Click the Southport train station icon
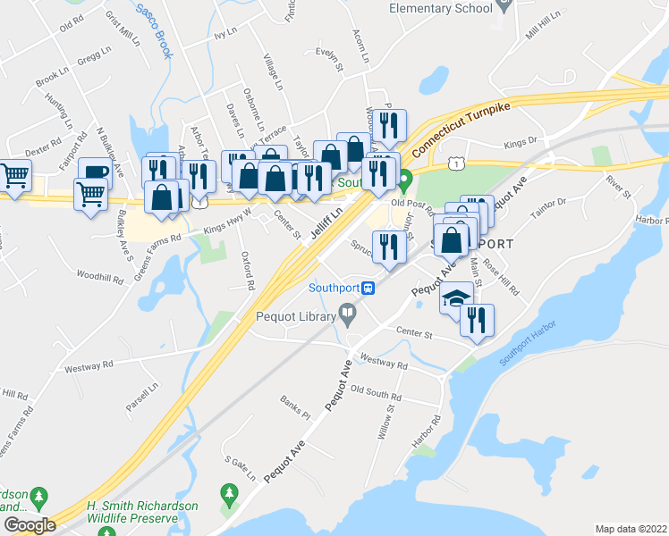[x=368, y=288]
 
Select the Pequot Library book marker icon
[x=348, y=314]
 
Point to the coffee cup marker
[x=94, y=172]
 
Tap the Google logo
[x=30, y=525]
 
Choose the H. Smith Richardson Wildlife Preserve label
[x=141, y=511]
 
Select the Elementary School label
[x=441, y=8]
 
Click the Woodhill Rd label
[x=98, y=276]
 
